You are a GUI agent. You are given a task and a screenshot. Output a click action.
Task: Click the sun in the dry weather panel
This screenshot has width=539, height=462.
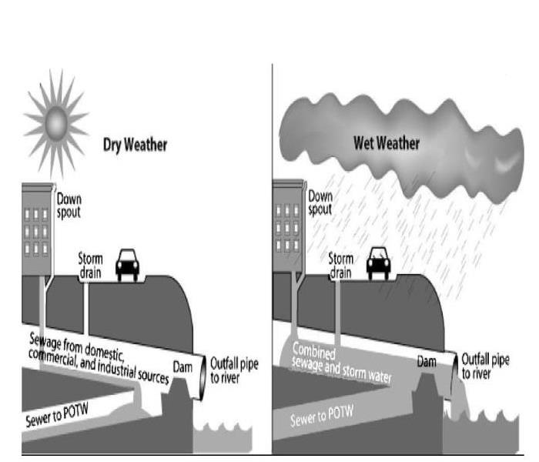(56, 122)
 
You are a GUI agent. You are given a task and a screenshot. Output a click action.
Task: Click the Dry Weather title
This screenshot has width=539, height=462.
(135, 145)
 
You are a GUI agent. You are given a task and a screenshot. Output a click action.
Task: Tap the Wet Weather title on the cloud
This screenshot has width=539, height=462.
(387, 143)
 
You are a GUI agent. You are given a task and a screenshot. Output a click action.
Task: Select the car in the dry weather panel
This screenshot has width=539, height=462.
(127, 265)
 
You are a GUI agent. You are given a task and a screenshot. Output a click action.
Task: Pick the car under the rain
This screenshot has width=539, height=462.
(378, 263)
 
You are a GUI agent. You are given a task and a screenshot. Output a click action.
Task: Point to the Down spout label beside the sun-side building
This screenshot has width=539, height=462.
(69, 206)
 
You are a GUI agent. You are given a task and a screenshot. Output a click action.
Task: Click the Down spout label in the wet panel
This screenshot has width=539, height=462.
(320, 203)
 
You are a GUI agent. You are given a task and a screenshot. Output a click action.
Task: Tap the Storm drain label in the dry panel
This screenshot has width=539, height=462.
(90, 266)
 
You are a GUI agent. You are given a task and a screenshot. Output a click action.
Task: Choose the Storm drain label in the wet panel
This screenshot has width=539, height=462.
(340, 266)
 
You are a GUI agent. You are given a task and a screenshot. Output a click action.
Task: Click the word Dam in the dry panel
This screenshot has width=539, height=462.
(182, 367)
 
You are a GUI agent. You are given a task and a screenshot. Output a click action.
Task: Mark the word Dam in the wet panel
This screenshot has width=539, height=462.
(427, 362)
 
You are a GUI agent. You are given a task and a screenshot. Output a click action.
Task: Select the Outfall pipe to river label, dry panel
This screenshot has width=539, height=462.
(234, 370)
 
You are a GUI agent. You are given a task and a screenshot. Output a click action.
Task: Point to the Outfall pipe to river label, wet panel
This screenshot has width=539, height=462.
(485, 367)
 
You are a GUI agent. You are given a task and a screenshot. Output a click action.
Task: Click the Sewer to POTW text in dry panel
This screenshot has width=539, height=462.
(57, 414)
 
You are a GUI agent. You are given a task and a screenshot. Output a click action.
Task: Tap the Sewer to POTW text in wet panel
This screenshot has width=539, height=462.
(322, 416)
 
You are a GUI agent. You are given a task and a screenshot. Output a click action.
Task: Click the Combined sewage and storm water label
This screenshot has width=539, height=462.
(341, 363)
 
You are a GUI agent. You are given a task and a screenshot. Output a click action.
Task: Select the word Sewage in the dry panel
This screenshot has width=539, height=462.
(44, 340)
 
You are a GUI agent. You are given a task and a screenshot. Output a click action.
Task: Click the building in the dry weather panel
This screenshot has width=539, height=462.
(38, 229)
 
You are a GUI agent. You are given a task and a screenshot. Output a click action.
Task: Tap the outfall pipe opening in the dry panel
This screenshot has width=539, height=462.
(203, 378)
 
